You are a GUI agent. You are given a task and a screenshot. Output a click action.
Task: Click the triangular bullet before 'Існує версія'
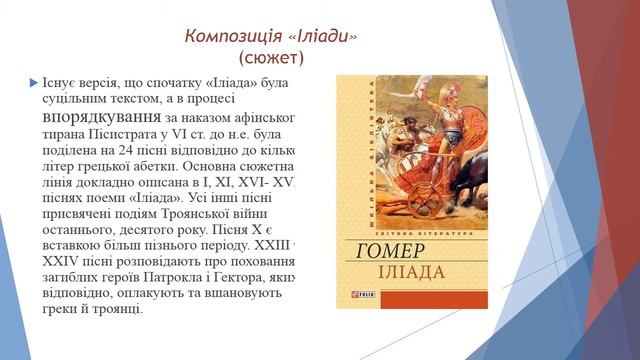[x=33, y=81]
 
